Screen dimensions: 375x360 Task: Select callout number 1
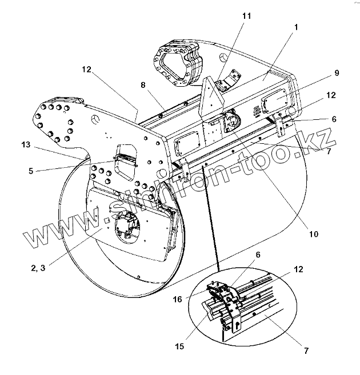tap(295, 27)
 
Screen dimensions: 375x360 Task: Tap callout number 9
tap(337, 73)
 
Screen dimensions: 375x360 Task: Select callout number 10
tap(314, 233)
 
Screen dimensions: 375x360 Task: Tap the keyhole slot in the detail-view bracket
tap(236, 325)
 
